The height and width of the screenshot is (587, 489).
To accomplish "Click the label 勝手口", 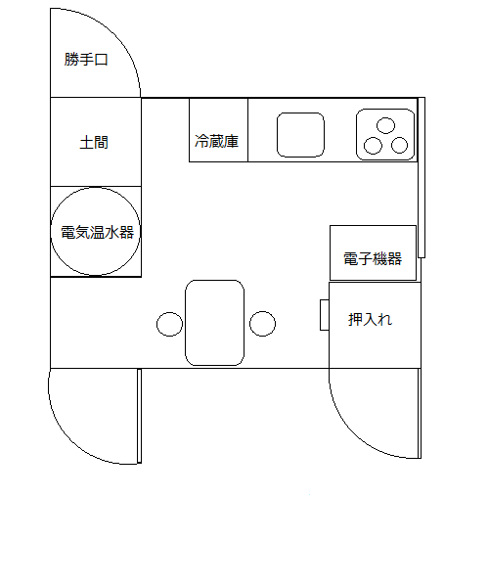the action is point(86,60).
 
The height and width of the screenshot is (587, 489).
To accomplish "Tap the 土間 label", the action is point(94,142).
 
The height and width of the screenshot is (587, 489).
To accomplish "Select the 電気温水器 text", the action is point(97,232).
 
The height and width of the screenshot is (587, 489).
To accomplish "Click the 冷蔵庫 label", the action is point(216,141).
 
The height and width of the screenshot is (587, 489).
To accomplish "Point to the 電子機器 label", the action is point(373,258).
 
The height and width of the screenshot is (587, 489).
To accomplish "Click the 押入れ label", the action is point(370,319).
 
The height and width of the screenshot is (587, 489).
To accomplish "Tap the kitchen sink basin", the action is point(300,135).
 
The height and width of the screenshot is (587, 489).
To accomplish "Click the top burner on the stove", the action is point(385,125).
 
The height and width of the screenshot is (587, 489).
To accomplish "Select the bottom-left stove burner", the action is point(373,146).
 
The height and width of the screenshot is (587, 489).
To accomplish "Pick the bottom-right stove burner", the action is point(400,145).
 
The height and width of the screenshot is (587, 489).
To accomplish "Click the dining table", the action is point(215,323).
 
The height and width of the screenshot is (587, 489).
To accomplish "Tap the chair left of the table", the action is point(169,324).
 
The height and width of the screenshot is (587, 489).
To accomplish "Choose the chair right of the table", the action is point(263,324).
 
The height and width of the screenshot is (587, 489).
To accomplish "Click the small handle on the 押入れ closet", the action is point(325,315).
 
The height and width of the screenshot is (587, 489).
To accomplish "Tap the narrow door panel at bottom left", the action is point(140,416).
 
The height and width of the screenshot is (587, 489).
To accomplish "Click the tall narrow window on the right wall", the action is point(422,177).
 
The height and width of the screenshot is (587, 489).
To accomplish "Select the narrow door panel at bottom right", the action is point(420,413).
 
